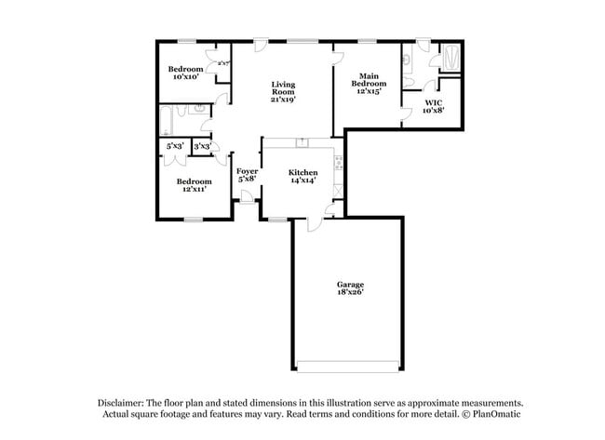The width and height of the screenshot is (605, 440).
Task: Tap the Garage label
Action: point(350,284)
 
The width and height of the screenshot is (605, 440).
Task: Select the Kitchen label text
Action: point(302,173)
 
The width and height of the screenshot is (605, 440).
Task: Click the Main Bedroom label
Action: point(369,83)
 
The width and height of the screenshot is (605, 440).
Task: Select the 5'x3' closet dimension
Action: point(175,146)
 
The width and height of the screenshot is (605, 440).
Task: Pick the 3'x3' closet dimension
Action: point(201,146)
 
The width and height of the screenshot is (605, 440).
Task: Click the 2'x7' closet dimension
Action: point(223,63)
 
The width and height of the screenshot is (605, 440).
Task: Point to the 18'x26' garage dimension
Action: point(350,292)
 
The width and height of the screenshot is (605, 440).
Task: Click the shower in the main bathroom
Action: point(450,59)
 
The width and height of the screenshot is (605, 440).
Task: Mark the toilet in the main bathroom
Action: point(410,61)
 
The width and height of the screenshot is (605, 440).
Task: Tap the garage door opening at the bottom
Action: point(347,364)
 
